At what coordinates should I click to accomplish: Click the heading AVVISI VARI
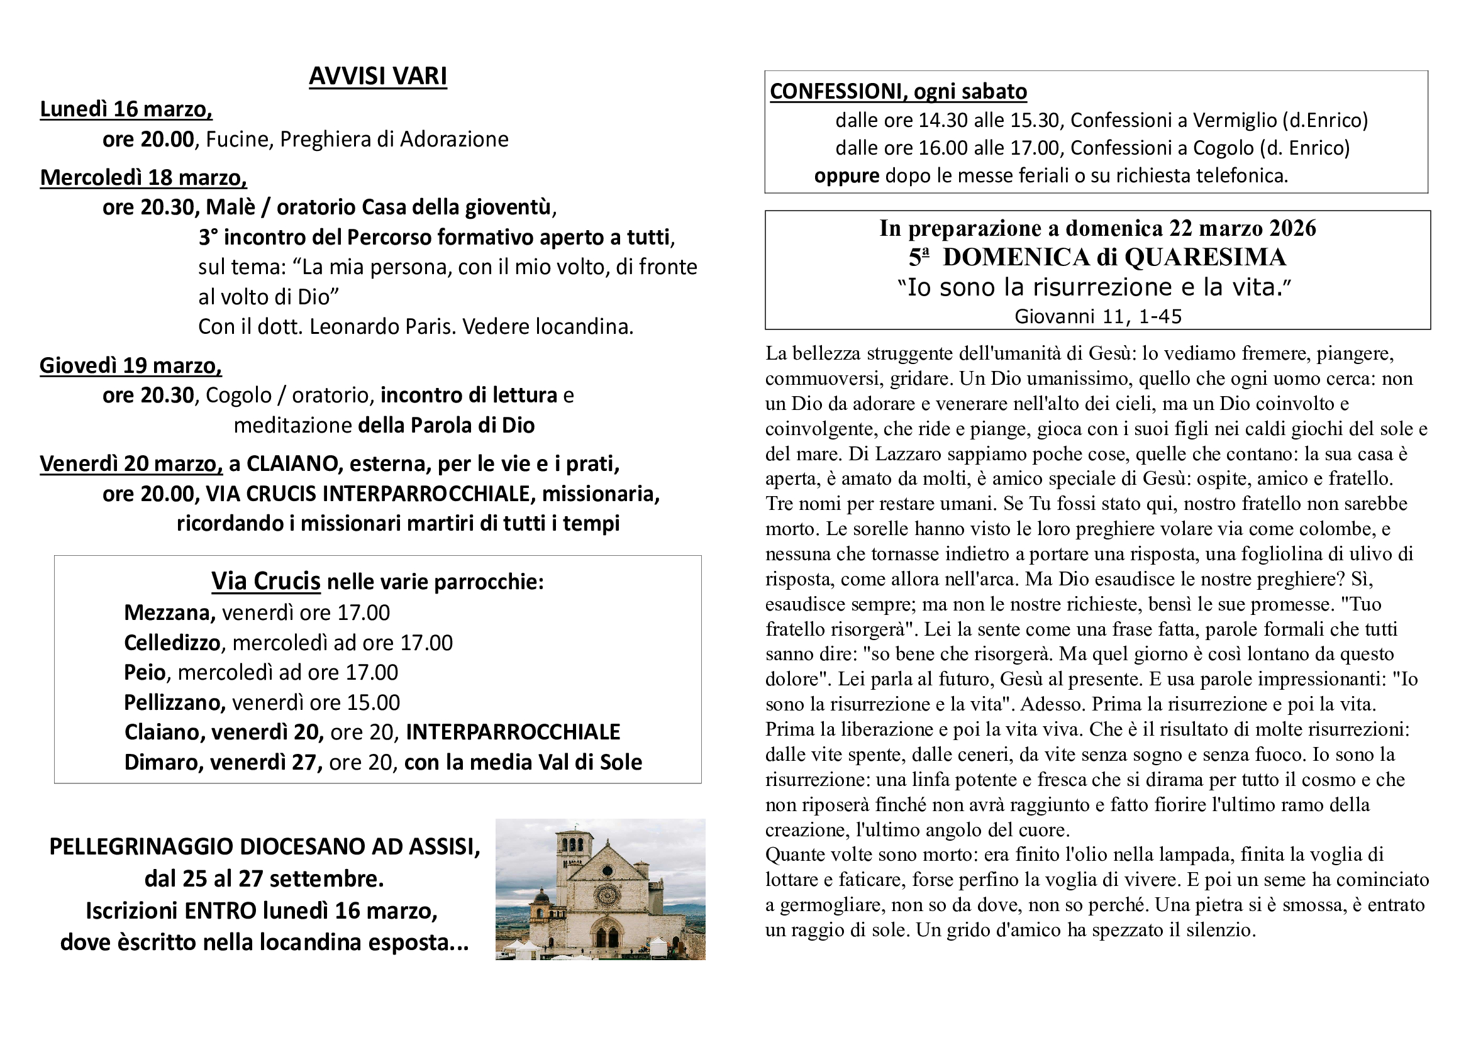tap(377, 76)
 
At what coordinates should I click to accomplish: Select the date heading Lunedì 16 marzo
tap(126, 109)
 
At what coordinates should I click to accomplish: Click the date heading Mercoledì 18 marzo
tap(143, 177)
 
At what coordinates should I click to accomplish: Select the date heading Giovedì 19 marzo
tap(131, 366)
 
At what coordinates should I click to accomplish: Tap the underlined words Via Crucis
tap(266, 582)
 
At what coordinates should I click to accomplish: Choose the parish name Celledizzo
tap(172, 643)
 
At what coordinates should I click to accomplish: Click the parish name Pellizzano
tap(174, 703)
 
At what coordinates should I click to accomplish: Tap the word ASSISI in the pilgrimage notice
tap(444, 847)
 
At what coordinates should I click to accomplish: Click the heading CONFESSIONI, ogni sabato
tap(897, 92)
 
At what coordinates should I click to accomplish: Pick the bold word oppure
tap(847, 176)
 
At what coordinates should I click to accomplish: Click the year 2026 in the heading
tap(1292, 229)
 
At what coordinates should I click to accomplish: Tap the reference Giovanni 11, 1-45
tap(1097, 316)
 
